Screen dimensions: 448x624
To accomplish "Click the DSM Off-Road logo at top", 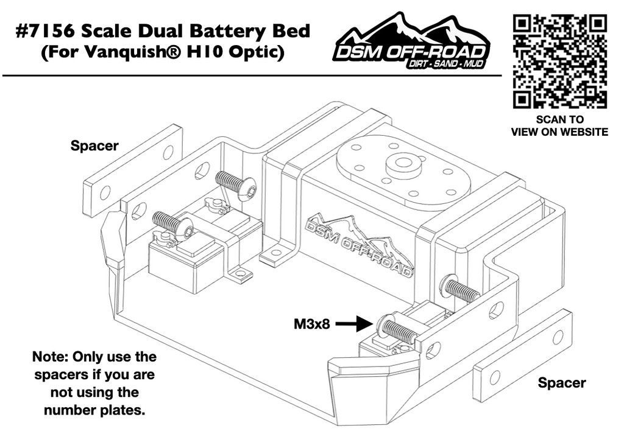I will pyautogui.click(x=411, y=46).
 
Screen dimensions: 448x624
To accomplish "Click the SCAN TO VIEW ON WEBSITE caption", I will pyautogui.click(x=559, y=126).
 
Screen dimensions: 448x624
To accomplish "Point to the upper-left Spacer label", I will pyautogui.click(x=94, y=146).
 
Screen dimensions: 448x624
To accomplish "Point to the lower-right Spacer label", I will pyautogui.click(x=561, y=383).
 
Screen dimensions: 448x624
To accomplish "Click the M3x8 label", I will pyautogui.click(x=311, y=324).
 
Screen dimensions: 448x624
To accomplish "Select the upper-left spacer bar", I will pyautogui.click(x=133, y=171).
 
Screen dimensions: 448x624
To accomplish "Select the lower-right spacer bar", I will pyautogui.click(x=523, y=356).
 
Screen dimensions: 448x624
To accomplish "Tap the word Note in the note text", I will pyautogui.click(x=49, y=357).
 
